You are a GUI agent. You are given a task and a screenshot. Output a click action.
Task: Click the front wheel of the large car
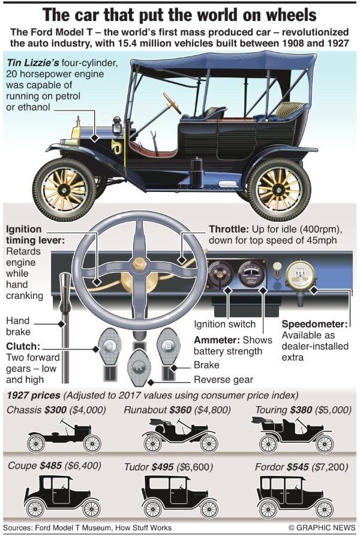[64, 189]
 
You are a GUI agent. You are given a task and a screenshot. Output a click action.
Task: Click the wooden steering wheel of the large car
[172, 103]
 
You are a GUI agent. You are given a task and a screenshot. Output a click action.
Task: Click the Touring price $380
[305, 410]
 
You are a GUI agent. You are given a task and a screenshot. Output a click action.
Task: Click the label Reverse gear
[223, 380]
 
